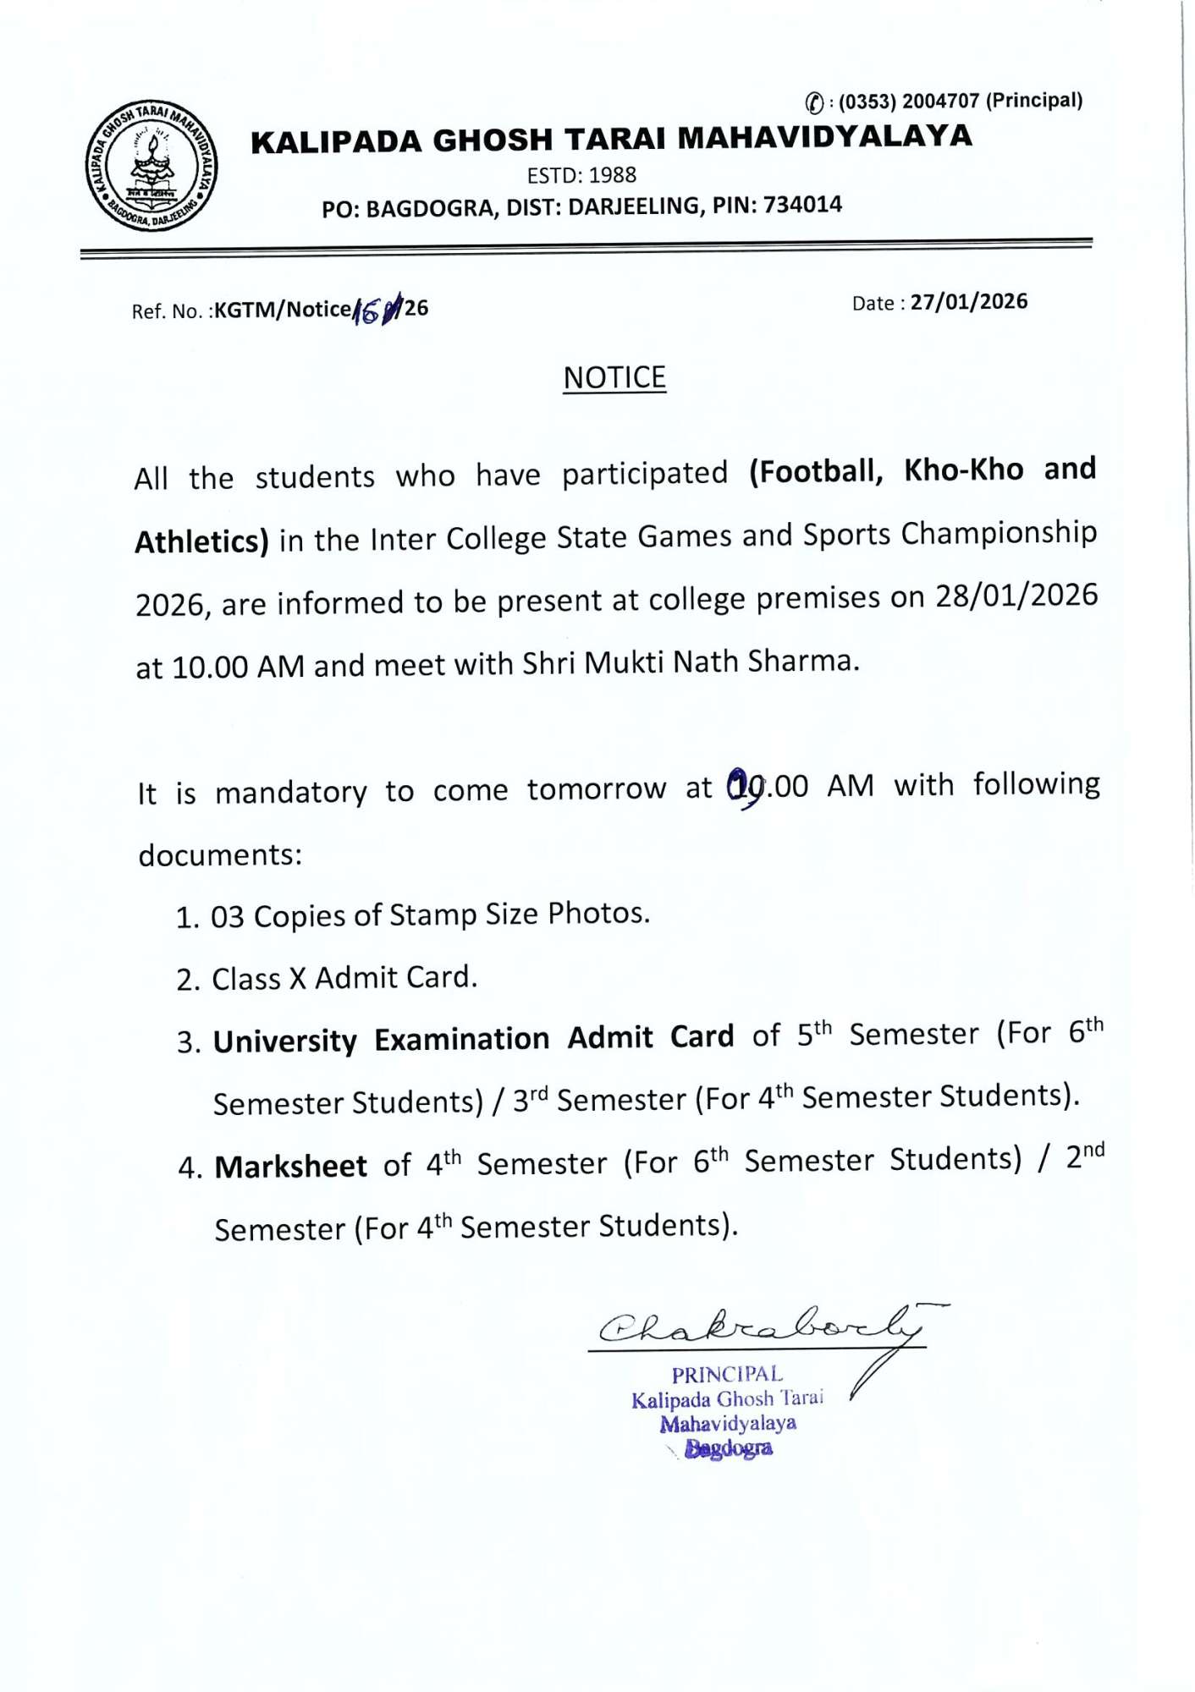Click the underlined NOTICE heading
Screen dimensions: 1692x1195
click(x=614, y=377)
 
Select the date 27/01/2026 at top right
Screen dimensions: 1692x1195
click(x=969, y=302)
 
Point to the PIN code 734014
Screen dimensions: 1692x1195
click(x=802, y=205)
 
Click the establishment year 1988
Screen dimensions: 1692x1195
click(x=612, y=175)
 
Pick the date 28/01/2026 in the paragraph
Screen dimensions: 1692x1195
click(x=1016, y=596)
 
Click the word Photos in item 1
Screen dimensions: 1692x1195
click(x=597, y=914)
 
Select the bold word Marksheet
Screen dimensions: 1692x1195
click(x=290, y=1167)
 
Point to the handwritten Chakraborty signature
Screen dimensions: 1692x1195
click(x=762, y=1327)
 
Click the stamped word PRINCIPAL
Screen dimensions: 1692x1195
click(x=727, y=1375)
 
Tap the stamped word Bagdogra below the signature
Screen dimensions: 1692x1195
click(x=728, y=1448)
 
